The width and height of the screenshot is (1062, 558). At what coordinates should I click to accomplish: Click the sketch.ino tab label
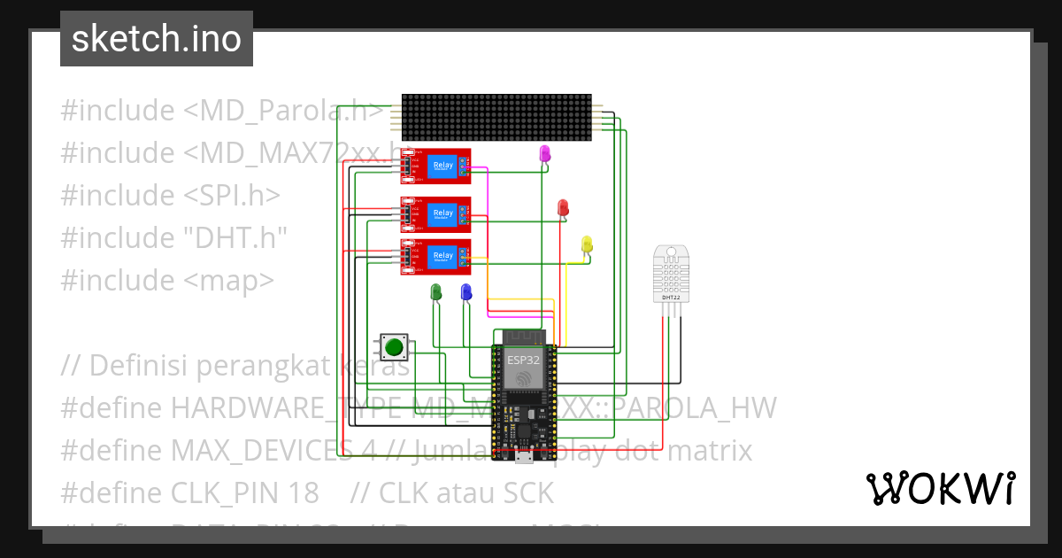[x=156, y=39]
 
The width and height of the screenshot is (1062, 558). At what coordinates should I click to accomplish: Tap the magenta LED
[x=545, y=154]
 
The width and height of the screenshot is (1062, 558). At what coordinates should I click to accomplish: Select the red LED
[x=563, y=207]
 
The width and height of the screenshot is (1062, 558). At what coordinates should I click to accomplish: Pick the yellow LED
[x=586, y=244]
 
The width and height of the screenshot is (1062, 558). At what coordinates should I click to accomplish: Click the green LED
[x=435, y=291]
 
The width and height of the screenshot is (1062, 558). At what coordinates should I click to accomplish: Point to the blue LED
[x=466, y=291]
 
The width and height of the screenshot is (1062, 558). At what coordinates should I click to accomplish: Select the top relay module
[x=435, y=166]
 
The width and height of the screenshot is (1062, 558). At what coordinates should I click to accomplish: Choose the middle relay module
[x=435, y=213]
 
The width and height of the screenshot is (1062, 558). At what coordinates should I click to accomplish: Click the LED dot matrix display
[x=496, y=117]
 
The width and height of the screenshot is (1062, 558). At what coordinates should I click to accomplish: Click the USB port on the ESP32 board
[x=523, y=457]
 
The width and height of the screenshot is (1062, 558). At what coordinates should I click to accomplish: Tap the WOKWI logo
[x=940, y=488]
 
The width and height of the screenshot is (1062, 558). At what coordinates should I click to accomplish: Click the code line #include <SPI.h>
[x=171, y=196]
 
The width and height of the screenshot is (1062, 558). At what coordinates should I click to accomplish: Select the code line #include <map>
[x=167, y=281]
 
